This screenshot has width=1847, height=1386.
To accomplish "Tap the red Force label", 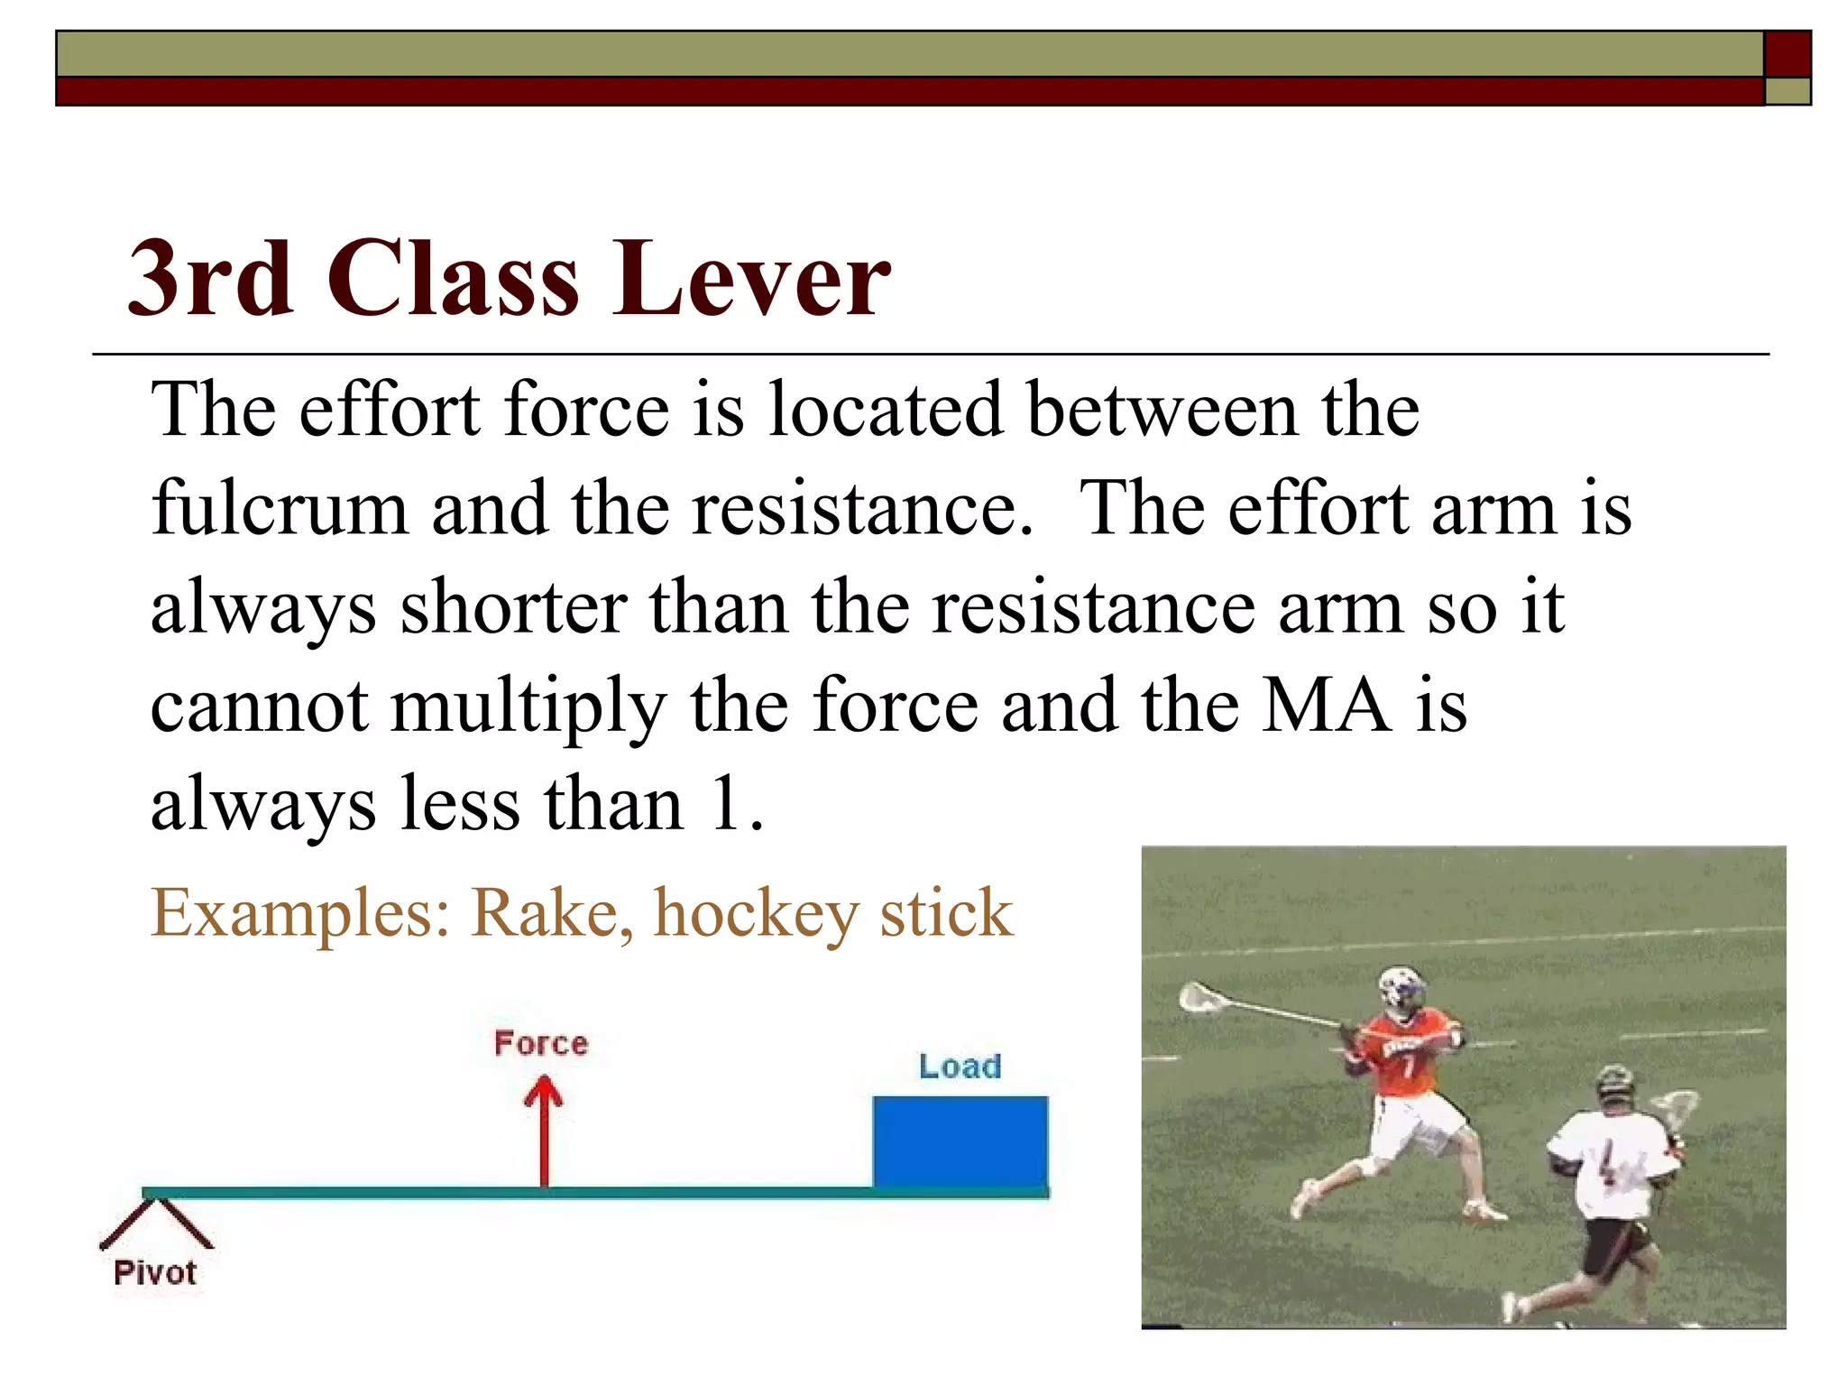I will (541, 1044).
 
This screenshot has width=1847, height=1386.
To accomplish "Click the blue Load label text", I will (960, 1067).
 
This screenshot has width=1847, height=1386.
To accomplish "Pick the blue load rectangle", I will (960, 1141).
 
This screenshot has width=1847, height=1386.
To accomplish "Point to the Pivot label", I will (155, 1273).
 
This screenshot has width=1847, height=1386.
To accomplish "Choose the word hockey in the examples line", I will (756, 914).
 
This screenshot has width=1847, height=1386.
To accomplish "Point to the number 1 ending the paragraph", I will (727, 805).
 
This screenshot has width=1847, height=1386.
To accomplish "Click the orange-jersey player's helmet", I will (1401, 990).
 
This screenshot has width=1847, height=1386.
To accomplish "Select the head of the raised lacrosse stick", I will (1200, 997).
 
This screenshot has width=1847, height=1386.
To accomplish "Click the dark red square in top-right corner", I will (1787, 54).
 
